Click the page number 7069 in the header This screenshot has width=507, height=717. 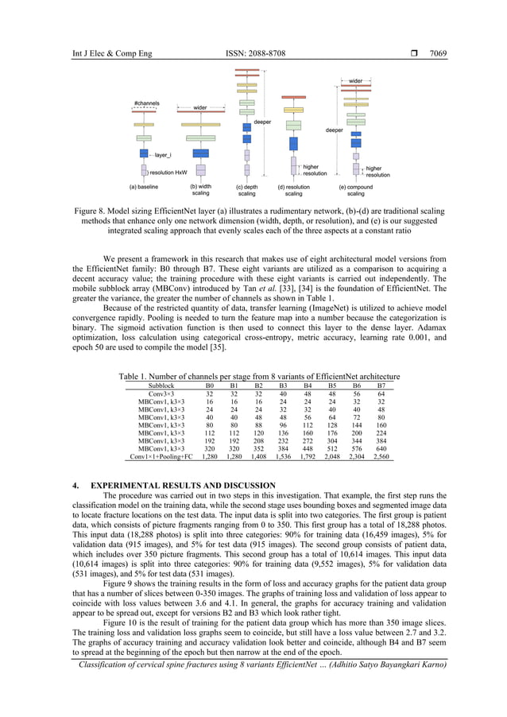(x=438, y=54)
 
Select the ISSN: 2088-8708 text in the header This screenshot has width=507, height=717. (x=253, y=54)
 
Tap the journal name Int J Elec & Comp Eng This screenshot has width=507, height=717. (x=104, y=54)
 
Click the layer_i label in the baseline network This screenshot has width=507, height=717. (x=165, y=155)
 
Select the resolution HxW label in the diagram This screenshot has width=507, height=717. (x=168, y=172)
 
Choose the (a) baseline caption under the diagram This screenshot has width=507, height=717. (x=144, y=187)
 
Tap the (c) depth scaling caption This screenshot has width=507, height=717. (x=247, y=190)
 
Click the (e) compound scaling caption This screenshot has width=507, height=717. (x=355, y=190)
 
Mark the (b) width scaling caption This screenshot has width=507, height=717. (x=200, y=190)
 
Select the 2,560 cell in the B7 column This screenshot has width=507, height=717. (x=381, y=457)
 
